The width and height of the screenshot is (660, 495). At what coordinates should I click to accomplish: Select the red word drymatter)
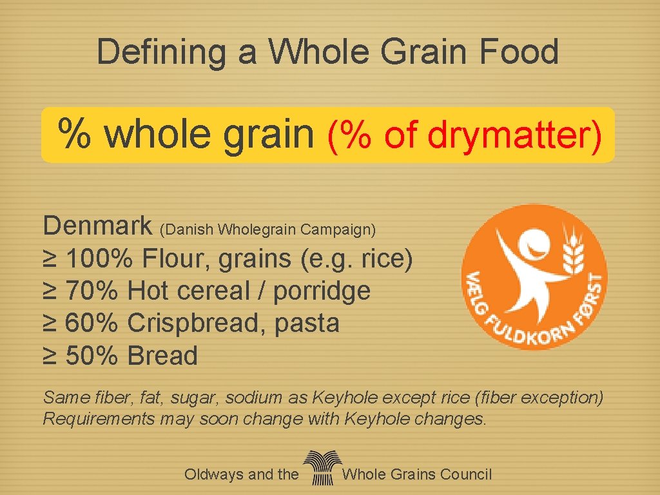pos(516,135)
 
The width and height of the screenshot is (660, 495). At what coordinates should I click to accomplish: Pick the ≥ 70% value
pos(81,291)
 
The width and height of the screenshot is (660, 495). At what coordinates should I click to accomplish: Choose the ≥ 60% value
pos(81,324)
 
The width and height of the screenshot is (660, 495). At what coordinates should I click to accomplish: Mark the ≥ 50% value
pos(81,356)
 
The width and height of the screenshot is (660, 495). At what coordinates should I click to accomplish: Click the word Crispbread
pos(197,324)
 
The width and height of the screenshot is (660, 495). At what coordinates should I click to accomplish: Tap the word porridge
pos(322,291)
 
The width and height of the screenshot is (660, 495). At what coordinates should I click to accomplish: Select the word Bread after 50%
pos(162,356)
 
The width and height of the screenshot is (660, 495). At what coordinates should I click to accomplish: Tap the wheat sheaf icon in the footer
pos(320,468)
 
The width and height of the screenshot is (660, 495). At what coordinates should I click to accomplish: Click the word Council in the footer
pos(465,475)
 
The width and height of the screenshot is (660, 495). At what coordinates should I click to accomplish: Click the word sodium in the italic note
pos(261,398)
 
